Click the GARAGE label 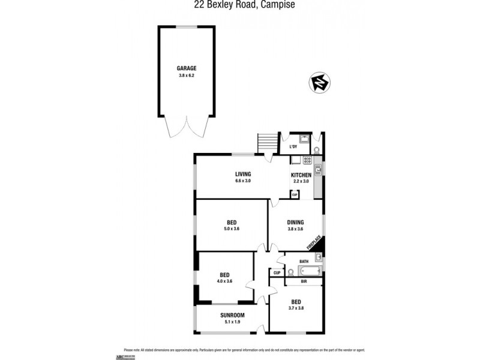pos(186,68)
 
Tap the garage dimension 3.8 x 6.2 pos(186,76)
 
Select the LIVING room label pos(242,174)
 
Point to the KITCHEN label pos(301,175)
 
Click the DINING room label pos(295,221)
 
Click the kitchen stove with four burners pos(307,160)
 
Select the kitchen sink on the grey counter pos(319,170)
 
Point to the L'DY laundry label pos(293,147)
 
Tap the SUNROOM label pos(228,314)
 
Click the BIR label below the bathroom pos(304,281)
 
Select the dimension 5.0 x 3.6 pos(231,229)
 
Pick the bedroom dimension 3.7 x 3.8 pos(296,308)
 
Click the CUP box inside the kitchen pos(294,194)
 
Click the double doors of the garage pos(186,127)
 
